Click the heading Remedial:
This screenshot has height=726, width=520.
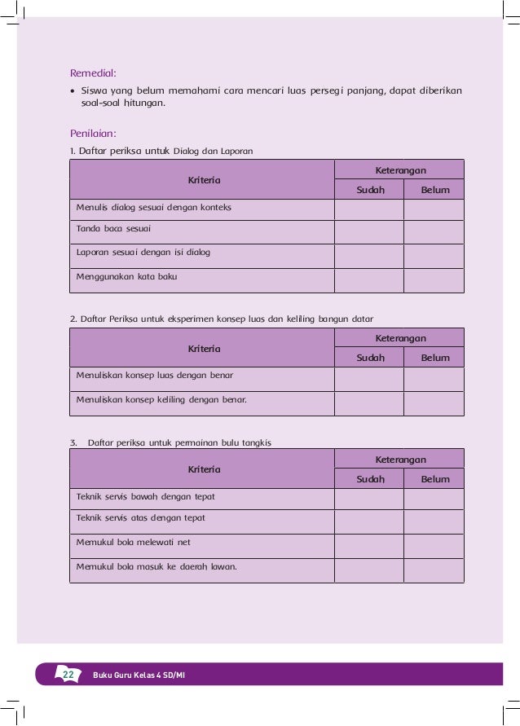coord(93,73)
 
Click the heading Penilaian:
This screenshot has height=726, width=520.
coord(94,132)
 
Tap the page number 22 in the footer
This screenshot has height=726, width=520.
coord(68,674)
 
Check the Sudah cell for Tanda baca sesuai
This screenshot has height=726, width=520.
coord(368,232)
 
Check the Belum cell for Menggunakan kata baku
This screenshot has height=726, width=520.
coord(434,280)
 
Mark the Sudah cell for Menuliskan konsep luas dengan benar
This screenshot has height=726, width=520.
coord(368,379)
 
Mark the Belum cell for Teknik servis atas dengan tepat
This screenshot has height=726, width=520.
coord(434,521)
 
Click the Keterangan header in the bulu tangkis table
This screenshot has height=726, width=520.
coord(400,460)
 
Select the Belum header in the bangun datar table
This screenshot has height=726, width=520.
coord(435,358)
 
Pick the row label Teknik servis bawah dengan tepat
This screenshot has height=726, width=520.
coord(145,496)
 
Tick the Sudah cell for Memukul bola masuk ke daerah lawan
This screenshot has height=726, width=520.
coord(368,570)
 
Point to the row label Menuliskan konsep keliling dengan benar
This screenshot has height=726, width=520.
coord(161,400)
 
